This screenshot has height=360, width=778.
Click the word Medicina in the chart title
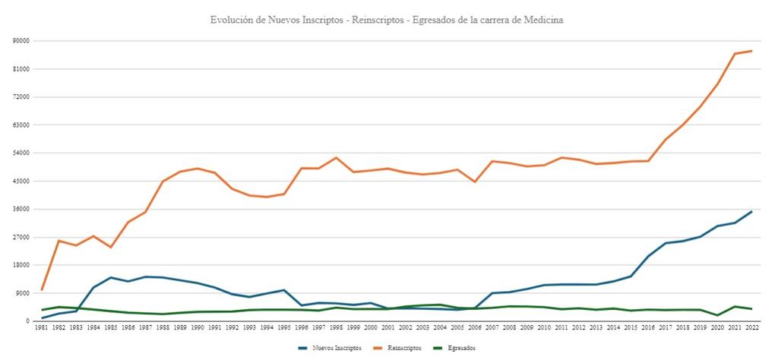[541, 20]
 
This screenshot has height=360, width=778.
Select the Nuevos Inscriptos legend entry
[326, 348]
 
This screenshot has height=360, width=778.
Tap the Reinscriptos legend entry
[399, 348]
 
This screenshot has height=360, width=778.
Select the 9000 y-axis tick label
[22, 293]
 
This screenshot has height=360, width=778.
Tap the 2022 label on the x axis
[751, 327]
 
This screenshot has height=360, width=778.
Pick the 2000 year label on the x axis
[371, 327]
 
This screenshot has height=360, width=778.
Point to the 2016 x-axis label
[648, 327]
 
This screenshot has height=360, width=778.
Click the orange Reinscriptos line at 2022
[751, 51]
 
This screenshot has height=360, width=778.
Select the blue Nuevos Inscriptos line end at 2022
[751, 212]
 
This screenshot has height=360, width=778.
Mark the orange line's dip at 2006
[475, 182]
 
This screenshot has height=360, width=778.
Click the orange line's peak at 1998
[336, 157]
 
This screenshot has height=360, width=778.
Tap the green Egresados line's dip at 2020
[717, 315]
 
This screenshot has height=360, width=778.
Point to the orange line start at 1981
[43, 289]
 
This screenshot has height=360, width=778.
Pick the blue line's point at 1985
[112, 277]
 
